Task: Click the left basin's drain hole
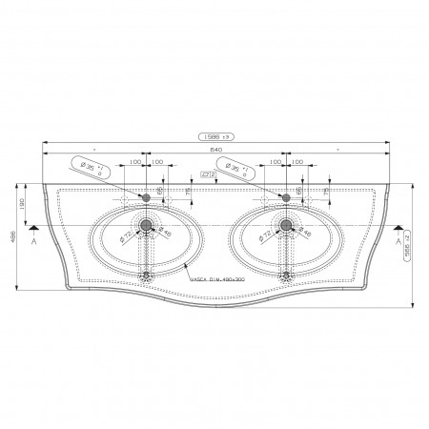tap(147, 226)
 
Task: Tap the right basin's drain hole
tap(283, 226)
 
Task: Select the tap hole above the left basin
tap(147, 196)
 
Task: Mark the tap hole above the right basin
tap(283, 196)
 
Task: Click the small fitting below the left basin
tap(147, 276)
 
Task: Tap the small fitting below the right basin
tap(283, 276)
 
